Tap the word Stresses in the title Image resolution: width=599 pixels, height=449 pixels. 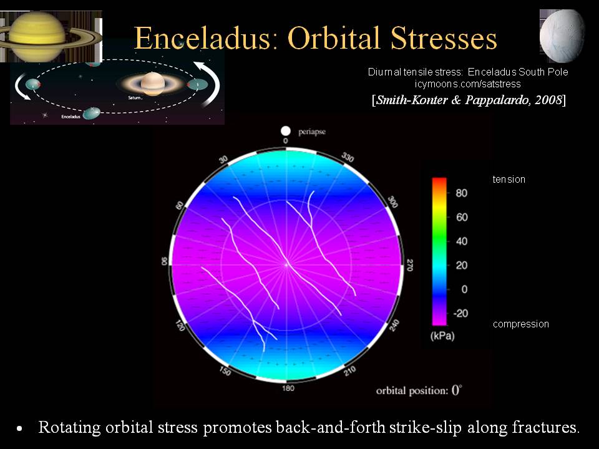click(444, 38)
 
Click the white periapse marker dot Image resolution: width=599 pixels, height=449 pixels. click(285, 131)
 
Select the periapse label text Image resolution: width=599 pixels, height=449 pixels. click(312, 132)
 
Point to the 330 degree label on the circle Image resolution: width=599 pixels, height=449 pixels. click(348, 157)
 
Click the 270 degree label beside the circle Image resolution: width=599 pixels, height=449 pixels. click(409, 265)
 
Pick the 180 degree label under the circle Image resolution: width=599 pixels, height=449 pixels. click(288, 389)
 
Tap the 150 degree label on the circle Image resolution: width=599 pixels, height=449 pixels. click(225, 370)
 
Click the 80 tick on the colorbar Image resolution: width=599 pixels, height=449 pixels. click(462, 193)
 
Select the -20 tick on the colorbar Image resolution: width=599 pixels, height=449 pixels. click(460, 314)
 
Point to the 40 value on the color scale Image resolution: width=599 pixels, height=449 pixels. click(462, 241)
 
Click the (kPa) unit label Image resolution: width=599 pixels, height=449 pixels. click(442, 336)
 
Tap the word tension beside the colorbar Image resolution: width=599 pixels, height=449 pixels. click(509, 180)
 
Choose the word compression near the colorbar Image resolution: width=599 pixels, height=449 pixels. click(520, 324)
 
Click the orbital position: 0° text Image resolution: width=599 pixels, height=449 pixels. click(419, 390)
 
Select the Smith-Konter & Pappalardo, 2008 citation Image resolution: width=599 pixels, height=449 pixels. click(469, 100)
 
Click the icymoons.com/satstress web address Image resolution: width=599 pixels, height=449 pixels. click(467, 84)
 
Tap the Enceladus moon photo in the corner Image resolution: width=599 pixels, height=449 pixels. click(562, 36)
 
